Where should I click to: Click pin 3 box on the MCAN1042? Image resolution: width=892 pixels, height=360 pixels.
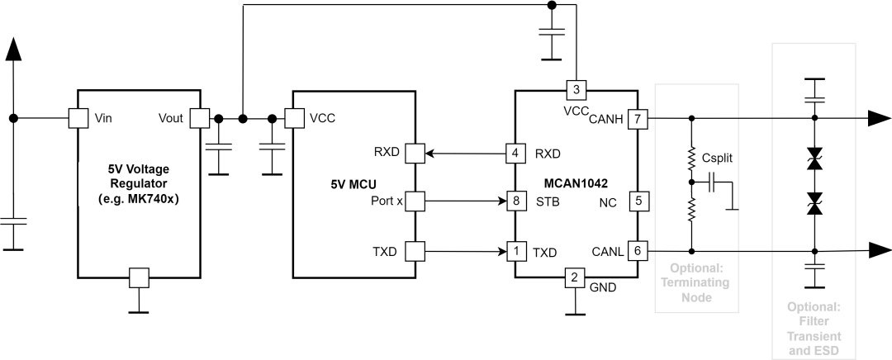[x=576, y=90]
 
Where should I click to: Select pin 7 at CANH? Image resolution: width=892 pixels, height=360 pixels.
[x=638, y=118]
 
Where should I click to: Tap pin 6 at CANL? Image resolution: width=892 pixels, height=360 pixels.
[x=638, y=251]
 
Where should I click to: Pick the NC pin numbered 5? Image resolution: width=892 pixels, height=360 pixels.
[x=638, y=201]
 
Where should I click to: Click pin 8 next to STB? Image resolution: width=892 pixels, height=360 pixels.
[x=516, y=201]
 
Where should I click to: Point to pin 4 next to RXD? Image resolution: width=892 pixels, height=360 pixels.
[x=516, y=153]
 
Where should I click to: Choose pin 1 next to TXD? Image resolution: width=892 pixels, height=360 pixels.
[x=516, y=251]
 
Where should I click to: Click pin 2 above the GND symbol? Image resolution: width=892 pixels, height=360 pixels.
[x=576, y=277]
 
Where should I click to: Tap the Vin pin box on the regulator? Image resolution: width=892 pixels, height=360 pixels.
[x=78, y=118]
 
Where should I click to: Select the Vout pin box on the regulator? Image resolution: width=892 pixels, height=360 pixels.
[x=200, y=118]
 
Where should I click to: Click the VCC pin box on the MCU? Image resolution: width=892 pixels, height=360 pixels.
[x=293, y=118]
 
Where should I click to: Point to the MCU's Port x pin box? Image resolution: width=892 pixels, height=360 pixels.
[x=415, y=201]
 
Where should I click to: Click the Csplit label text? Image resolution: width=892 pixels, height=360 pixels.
[x=716, y=159]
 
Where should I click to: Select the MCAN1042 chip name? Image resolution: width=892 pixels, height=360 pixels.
[x=576, y=183]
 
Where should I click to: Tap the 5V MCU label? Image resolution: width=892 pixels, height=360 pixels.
[x=353, y=183]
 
